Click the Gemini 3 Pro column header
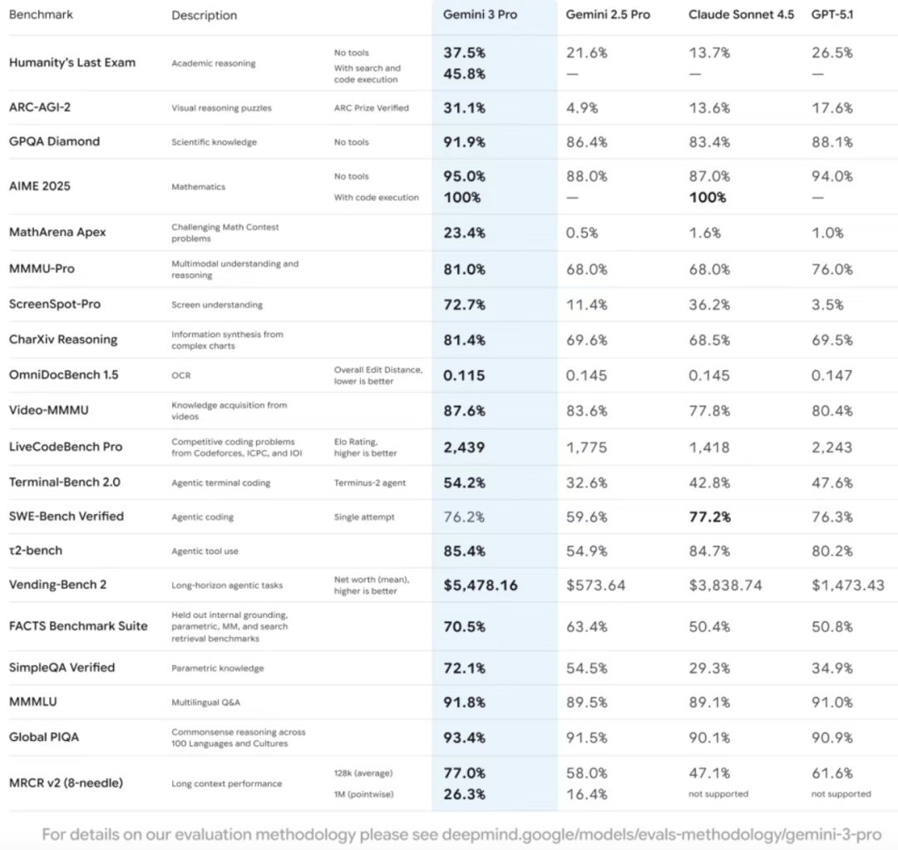coord(480,15)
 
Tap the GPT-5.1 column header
coord(831,15)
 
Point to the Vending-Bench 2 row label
coord(57,585)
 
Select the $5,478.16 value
coord(480,586)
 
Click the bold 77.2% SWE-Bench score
coord(709,516)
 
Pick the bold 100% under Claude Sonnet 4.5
coord(708,197)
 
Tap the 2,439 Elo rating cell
coord(464,447)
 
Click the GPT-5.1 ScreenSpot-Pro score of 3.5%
coord(827,304)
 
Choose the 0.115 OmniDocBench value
coord(464,375)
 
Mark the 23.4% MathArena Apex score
coord(464,233)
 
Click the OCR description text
coord(180,376)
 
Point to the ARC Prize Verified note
coord(371,108)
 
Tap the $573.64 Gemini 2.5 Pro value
coord(595,586)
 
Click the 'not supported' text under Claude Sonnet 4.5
coord(718,794)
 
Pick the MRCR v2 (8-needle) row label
coord(66,783)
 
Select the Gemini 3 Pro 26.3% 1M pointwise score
coord(464,794)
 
